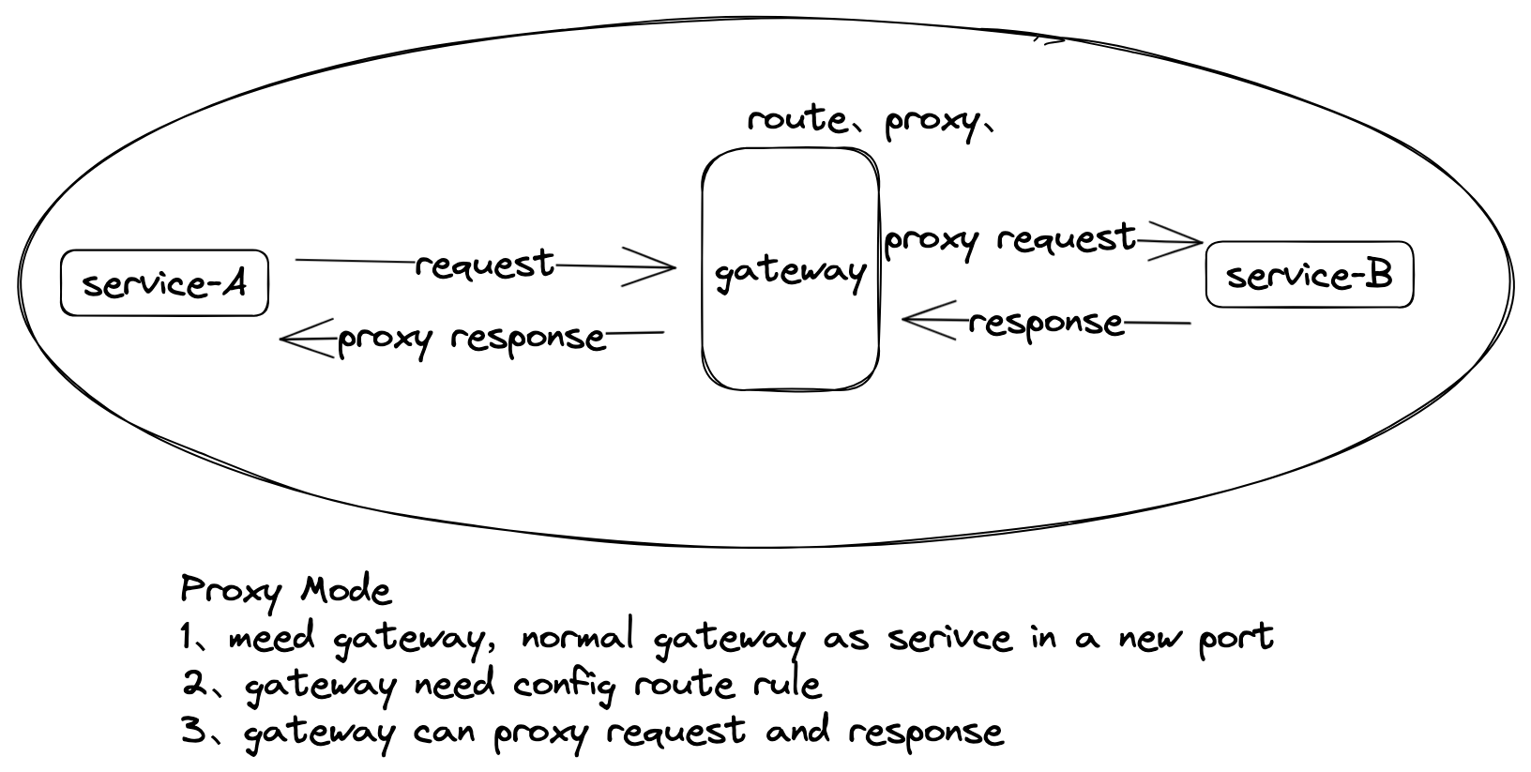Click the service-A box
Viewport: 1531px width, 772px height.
coord(164,282)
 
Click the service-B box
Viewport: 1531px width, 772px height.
coord(1309,275)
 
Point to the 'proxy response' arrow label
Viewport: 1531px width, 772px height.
coord(471,338)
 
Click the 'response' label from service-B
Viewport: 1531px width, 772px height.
coord(1045,323)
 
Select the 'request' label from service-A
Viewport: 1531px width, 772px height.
coord(484,265)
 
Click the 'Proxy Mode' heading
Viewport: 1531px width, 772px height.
coord(285,591)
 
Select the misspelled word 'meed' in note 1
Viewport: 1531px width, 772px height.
coord(271,638)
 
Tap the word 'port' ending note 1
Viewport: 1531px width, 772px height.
coord(1235,638)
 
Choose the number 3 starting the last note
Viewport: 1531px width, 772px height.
coord(193,731)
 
